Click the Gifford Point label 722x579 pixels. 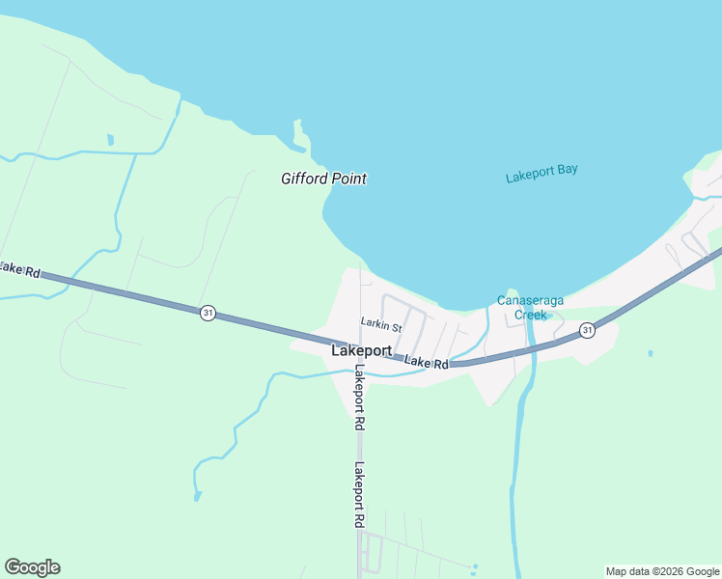[x=323, y=179]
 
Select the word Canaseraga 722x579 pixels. [x=530, y=300]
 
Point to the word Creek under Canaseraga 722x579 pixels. [x=530, y=315]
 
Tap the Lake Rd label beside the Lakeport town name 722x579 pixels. [x=427, y=362]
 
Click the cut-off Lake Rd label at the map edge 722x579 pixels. [x=19, y=270]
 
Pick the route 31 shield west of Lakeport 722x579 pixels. [x=208, y=313]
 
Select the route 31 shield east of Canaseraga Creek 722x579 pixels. [x=588, y=331]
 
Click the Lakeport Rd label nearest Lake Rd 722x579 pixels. [x=359, y=397]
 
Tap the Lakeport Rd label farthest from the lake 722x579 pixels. [x=358, y=494]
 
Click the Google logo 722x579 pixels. [x=32, y=567]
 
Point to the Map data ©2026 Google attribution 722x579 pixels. [x=662, y=571]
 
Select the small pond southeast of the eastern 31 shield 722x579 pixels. [x=651, y=353]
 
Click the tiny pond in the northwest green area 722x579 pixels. [x=110, y=140]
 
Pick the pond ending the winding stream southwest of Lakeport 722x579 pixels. [x=198, y=496]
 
